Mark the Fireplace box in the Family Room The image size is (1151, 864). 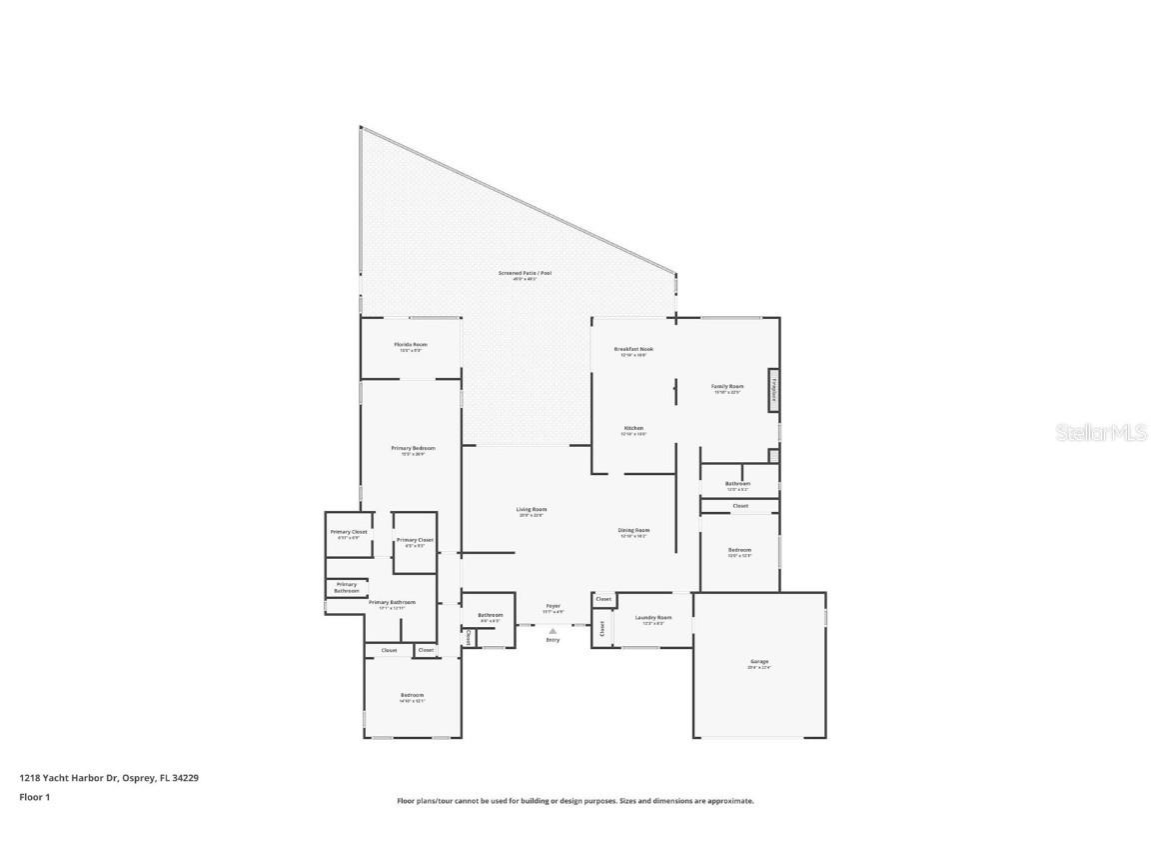[773, 390]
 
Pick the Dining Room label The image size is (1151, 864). [633, 532]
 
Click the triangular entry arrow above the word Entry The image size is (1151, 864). [553, 630]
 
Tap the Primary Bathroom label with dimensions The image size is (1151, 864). [392, 604]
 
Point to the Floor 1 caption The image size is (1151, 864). [34, 797]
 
